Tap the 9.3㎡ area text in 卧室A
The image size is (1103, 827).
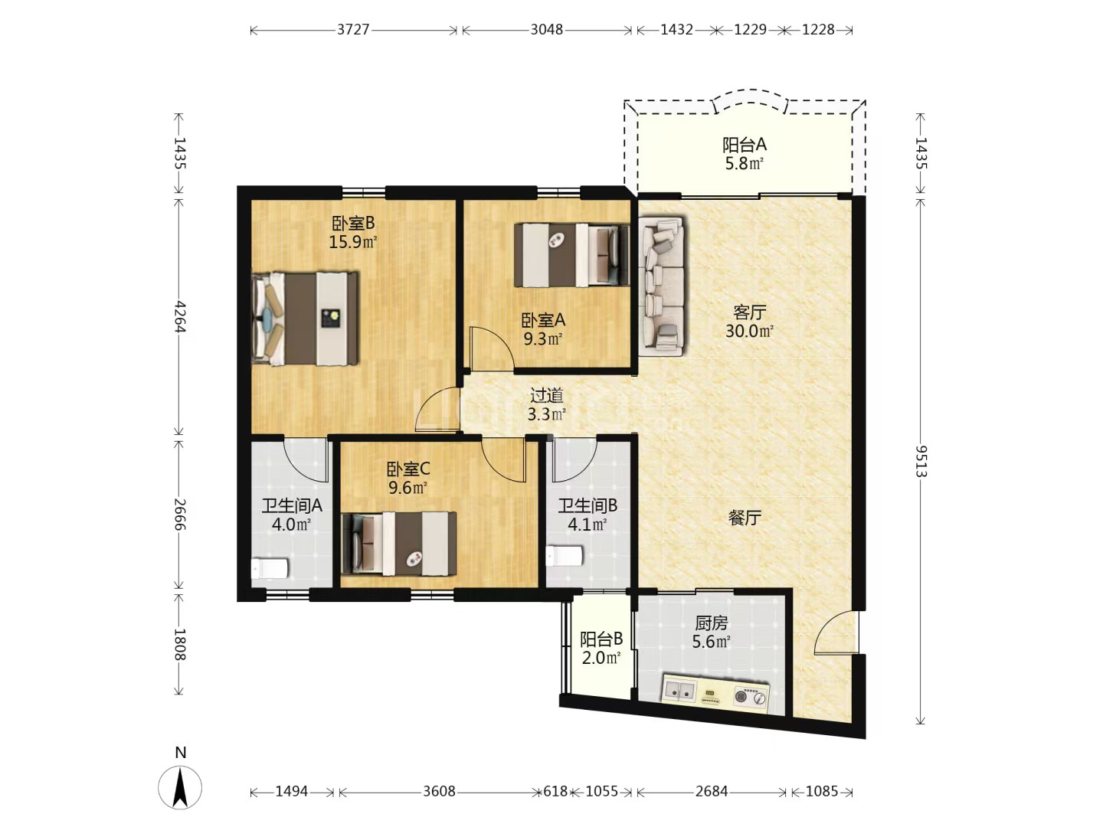[x=543, y=339]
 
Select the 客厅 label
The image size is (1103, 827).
[x=749, y=312]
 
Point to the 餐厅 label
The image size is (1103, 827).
[x=745, y=518]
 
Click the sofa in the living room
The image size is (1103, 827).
[x=662, y=286]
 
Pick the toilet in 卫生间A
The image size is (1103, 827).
[x=270, y=568]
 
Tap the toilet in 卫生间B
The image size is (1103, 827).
[x=564, y=556]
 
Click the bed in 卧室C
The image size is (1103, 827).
[x=399, y=544]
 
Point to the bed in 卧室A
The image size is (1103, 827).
[x=572, y=255]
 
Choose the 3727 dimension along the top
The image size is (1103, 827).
[x=353, y=30]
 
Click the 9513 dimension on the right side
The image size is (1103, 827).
[x=920, y=461]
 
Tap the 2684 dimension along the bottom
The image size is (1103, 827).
[x=711, y=791]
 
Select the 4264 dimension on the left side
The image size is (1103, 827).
[x=179, y=317]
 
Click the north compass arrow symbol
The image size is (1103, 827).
[x=180, y=787]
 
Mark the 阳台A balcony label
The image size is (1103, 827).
[x=745, y=145]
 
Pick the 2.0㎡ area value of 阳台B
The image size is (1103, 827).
[x=601, y=657]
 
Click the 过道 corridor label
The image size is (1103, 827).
[x=547, y=396]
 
